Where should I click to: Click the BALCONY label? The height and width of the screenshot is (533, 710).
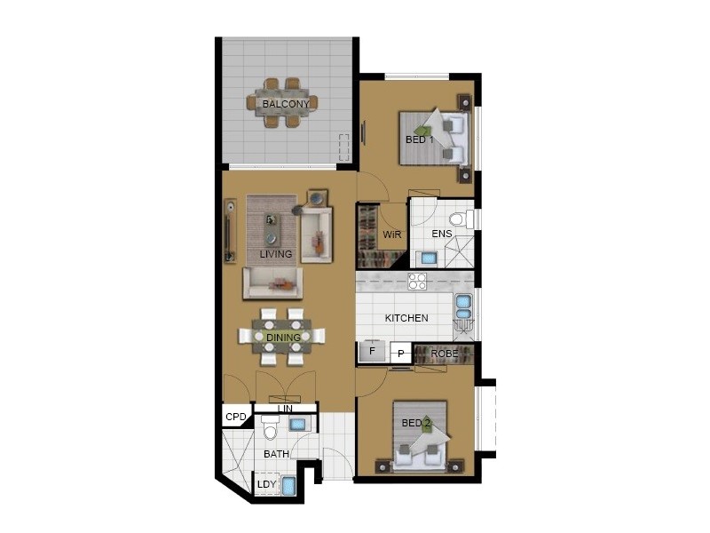click(x=286, y=104)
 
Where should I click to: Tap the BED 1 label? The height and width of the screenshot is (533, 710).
click(x=419, y=140)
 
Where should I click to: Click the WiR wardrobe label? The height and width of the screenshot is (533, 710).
click(x=391, y=235)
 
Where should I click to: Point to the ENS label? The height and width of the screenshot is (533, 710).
click(x=441, y=235)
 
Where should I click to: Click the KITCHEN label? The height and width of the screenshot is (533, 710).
click(x=406, y=318)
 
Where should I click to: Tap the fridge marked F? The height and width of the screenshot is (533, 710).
click(x=372, y=353)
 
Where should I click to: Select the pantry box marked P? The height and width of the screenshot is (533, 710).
click(x=401, y=354)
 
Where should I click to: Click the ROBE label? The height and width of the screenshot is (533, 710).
click(x=444, y=354)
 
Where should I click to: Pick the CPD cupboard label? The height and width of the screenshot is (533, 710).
click(x=235, y=417)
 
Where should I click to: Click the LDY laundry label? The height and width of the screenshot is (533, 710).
click(x=266, y=484)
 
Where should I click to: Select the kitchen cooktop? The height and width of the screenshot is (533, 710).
click(x=417, y=282)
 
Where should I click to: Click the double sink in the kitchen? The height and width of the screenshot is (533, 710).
click(x=463, y=306)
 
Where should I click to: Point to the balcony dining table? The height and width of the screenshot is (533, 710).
click(x=286, y=102)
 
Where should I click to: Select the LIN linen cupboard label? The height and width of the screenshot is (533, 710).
click(x=284, y=409)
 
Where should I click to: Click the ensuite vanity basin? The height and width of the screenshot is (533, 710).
click(x=429, y=258)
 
